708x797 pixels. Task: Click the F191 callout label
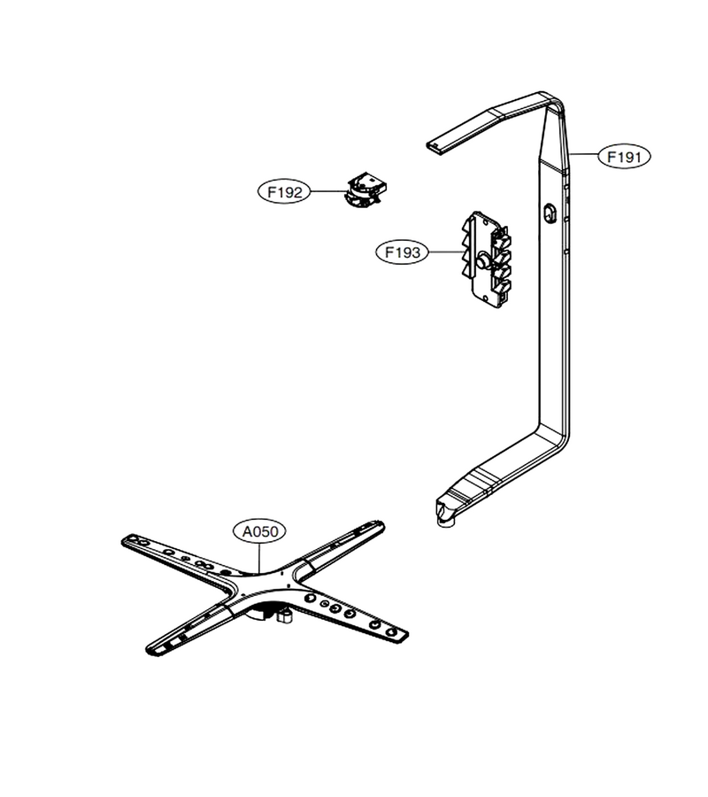point(624,157)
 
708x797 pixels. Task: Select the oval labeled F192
point(284,192)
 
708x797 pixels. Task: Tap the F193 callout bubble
point(403,252)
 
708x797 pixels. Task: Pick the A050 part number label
point(259,531)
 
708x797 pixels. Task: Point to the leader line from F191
point(584,153)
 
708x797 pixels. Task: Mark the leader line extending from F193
point(445,252)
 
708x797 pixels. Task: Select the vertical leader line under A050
point(259,558)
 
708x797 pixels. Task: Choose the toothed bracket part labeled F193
point(486,259)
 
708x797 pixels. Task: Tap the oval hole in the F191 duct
point(550,212)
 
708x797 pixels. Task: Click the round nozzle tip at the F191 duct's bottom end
point(445,515)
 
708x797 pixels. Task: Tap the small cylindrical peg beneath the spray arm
point(284,617)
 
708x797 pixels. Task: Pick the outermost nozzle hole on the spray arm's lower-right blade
point(390,631)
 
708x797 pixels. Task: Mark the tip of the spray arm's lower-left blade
point(150,648)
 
